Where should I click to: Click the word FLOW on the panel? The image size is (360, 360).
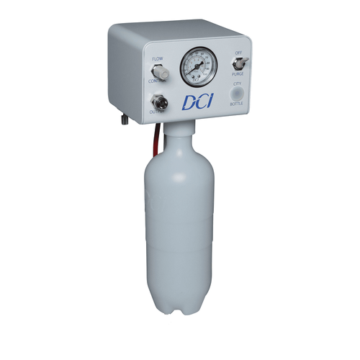[158, 60]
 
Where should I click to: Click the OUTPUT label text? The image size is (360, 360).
[158, 112]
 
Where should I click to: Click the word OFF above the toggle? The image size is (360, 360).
[238, 53]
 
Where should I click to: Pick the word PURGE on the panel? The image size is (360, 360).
[238, 74]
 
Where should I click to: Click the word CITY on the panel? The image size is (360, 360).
[237, 84]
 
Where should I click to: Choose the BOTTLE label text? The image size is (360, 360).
[237, 105]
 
